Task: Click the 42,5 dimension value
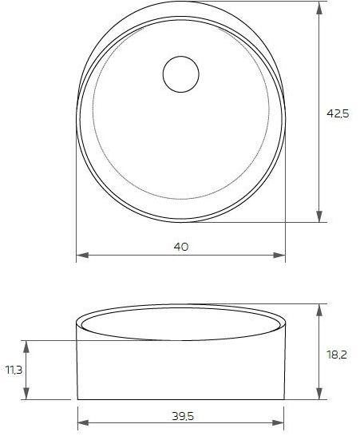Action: (338, 114)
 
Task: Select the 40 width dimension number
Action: (181, 247)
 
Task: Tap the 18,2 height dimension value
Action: (338, 354)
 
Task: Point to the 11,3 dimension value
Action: (14, 370)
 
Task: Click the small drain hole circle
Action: (181, 75)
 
